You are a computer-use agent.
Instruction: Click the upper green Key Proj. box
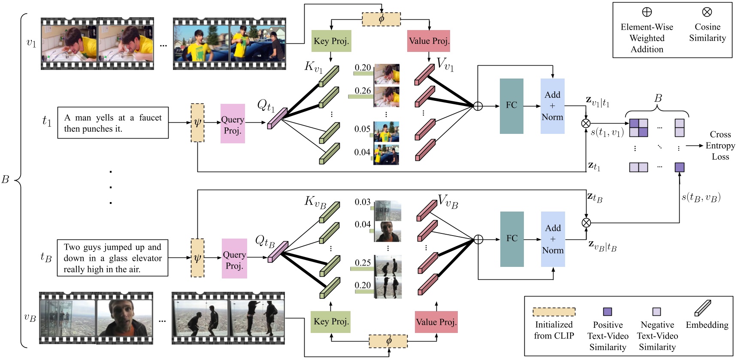[x=331, y=41]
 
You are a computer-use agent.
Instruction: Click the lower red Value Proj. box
[x=436, y=322]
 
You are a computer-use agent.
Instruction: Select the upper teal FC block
[x=511, y=106]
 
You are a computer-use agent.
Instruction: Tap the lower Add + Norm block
[x=553, y=239]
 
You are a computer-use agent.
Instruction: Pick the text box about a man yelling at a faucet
[x=113, y=123]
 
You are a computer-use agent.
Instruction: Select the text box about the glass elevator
[x=112, y=258]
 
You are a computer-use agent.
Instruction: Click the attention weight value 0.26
[x=363, y=91]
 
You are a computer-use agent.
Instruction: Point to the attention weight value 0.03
[x=363, y=202]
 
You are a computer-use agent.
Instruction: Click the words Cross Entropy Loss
[x=720, y=145]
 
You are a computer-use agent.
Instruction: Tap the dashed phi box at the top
[x=381, y=19]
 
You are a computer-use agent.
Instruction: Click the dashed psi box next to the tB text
[x=197, y=258]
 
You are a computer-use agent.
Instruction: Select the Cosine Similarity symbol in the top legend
[x=707, y=12]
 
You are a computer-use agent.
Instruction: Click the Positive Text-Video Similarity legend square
[x=607, y=312]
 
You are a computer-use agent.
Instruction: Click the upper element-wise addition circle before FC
[x=478, y=106]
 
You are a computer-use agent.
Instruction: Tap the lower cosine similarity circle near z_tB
[x=586, y=223]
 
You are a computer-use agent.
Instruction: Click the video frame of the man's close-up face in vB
[x=124, y=318]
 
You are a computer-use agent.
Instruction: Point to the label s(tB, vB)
[x=701, y=197]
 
